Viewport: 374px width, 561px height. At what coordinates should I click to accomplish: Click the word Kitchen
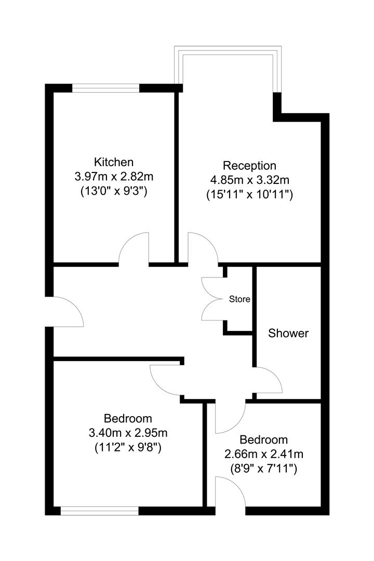pyautogui.click(x=114, y=162)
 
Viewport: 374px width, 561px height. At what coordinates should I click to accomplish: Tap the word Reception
pyautogui.click(x=249, y=166)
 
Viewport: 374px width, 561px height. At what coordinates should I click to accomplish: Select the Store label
pyautogui.click(x=240, y=299)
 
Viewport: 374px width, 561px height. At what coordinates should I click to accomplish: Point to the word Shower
pyautogui.click(x=288, y=333)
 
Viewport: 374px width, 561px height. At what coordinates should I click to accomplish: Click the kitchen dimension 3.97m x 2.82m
pyautogui.click(x=114, y=177)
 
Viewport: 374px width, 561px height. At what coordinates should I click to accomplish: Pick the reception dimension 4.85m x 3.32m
pyautogui.click(x=249, y=180)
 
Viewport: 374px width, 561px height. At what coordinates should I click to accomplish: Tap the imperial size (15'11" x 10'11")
pyautogui.click(x=249, y=195)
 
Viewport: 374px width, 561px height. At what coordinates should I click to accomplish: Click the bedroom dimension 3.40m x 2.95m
pyautogui.click(x=128, y=432)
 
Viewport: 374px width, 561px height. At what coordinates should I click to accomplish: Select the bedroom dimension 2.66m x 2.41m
pyautogui.click(x=263, y=454)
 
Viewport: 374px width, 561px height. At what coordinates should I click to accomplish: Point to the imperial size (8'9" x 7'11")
pyautogui.click(x=263, y=469)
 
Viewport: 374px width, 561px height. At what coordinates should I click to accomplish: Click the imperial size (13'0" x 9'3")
pyautogui.click(x=114, y=191)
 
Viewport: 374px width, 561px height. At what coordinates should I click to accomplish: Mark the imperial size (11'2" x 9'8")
pyautogui.click(x=128, y=447)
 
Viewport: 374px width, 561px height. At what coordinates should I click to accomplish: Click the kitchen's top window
pyautogui.click(x=106, y=88)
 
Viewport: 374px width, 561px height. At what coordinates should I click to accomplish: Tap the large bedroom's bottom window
pyautogui.click(x=100, y=512)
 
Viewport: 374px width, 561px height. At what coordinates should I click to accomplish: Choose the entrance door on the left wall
pyautogui.click(x=66, y=312)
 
